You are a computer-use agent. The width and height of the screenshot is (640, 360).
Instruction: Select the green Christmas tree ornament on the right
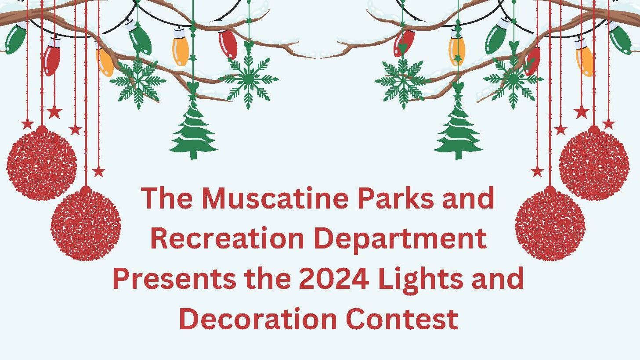click(459, 130)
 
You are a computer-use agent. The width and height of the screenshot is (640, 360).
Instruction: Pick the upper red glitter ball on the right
click(594, 165)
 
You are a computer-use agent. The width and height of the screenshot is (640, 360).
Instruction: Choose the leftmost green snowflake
click(138, 82)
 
